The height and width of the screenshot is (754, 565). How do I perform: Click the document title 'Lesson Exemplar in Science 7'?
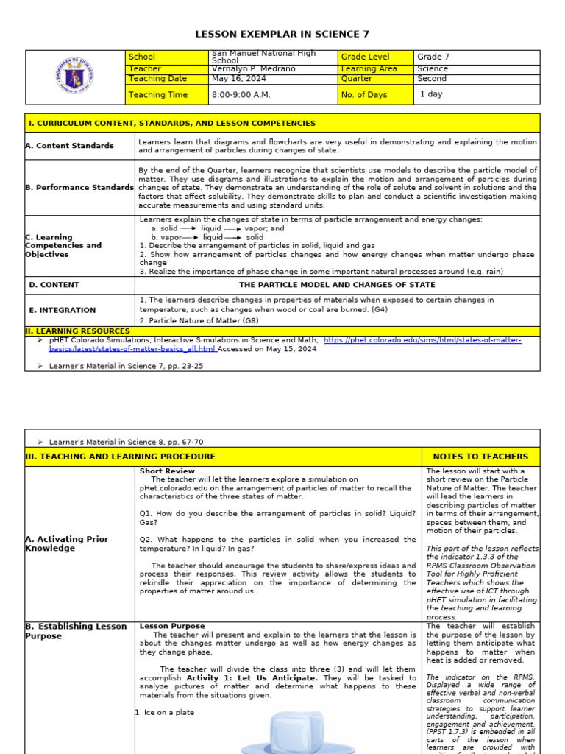click(282, 35)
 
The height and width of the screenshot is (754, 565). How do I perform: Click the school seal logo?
click(74, 77)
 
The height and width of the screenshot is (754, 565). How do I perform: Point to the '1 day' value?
click(431, 94)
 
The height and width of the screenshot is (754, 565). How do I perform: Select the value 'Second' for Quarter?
click(432, 79)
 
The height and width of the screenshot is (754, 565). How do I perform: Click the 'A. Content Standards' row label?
click(70, 146)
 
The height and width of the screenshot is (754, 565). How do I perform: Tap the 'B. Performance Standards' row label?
click(79, 188)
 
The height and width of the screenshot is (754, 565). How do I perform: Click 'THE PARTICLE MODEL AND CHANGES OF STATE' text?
click(337, 285)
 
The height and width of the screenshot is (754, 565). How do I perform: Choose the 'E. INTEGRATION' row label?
click(63, 310)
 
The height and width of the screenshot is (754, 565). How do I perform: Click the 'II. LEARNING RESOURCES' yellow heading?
click(77, 331)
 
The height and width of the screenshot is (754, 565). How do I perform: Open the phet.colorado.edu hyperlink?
click(422, 340)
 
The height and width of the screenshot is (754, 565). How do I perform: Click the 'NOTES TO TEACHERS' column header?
click(480, 457)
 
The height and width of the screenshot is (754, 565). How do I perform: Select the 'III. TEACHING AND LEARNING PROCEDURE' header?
click(121, 457)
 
